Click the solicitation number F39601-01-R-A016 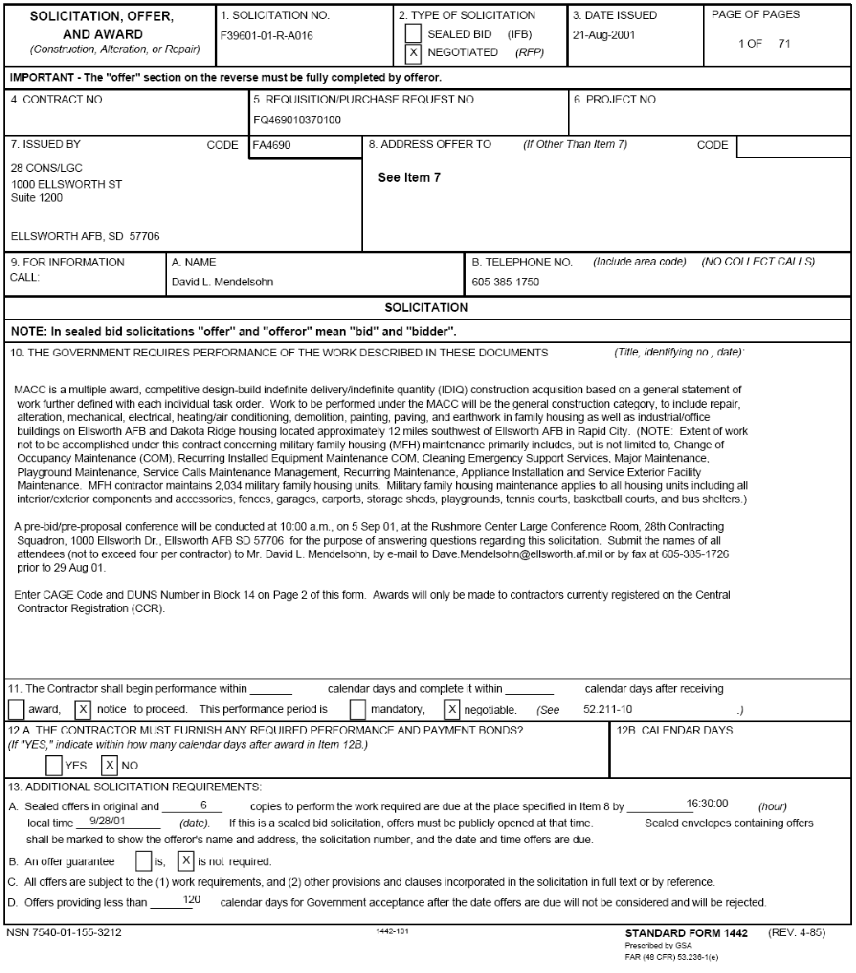[267, 36]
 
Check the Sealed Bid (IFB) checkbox [414, 34]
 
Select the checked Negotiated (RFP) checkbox [414, 53]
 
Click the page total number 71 [784, 44]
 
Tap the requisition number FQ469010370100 [297, 120]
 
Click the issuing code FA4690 [272, 146]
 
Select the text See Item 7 [409, 178]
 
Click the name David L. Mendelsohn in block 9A [222, 282]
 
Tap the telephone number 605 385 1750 [505, 282]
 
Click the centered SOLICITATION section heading [426, 308]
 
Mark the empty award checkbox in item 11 [16, 709]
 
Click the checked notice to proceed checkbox [82, 709]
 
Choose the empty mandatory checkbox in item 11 [357, 709]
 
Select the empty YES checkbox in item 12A [54, 766]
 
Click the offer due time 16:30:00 [707, 804]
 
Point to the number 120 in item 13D [192, 900]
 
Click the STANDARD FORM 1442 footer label [686, 934]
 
